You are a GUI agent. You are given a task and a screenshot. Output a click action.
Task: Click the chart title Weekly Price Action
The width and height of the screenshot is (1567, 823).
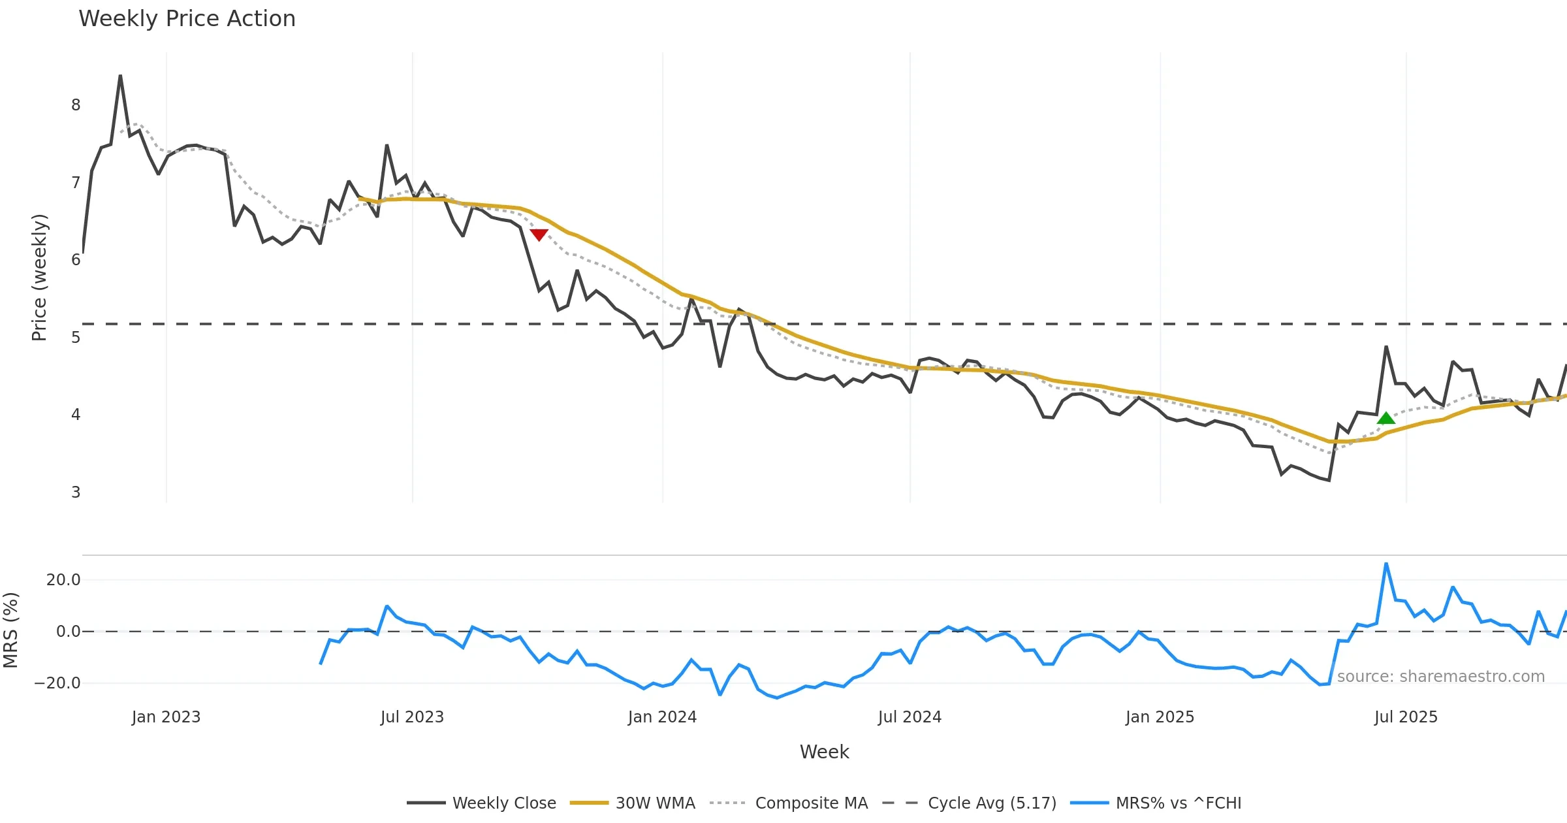pos(187,19)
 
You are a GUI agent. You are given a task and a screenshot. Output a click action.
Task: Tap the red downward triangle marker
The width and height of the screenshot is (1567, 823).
pos(539,234)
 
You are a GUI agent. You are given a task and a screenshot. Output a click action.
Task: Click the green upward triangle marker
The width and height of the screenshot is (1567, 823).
pos(1385,419)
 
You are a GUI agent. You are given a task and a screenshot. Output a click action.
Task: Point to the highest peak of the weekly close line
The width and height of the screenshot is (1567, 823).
pos(120,76)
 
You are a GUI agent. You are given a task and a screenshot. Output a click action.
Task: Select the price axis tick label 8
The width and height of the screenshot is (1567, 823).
pos(76,105)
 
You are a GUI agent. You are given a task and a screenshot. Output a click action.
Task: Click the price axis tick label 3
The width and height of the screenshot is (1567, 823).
pos(76,492)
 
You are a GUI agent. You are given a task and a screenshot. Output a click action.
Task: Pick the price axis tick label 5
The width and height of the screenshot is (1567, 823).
pos(76,338)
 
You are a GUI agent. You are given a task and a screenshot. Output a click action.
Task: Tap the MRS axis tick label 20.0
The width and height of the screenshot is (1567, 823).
pos(63,580)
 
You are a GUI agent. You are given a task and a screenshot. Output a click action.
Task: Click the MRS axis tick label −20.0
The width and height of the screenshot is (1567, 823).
pos(57,683)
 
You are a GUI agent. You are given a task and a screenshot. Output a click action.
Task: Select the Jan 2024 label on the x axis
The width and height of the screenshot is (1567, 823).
pos(662,717)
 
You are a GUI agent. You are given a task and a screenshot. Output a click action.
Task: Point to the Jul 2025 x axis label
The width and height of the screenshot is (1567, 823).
pos(1406,717)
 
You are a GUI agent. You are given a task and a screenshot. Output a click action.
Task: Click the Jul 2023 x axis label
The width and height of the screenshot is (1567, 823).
pos(412,717)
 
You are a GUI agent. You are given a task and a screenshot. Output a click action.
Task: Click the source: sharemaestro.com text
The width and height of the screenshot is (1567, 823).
pos(1440,677)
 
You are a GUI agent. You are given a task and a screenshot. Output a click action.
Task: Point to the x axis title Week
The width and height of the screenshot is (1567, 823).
pos(824,752)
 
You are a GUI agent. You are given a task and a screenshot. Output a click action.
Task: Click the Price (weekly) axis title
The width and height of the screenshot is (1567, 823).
pos(39,278)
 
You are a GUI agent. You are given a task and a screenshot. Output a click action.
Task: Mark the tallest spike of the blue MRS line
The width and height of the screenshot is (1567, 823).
pos(1385,564)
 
